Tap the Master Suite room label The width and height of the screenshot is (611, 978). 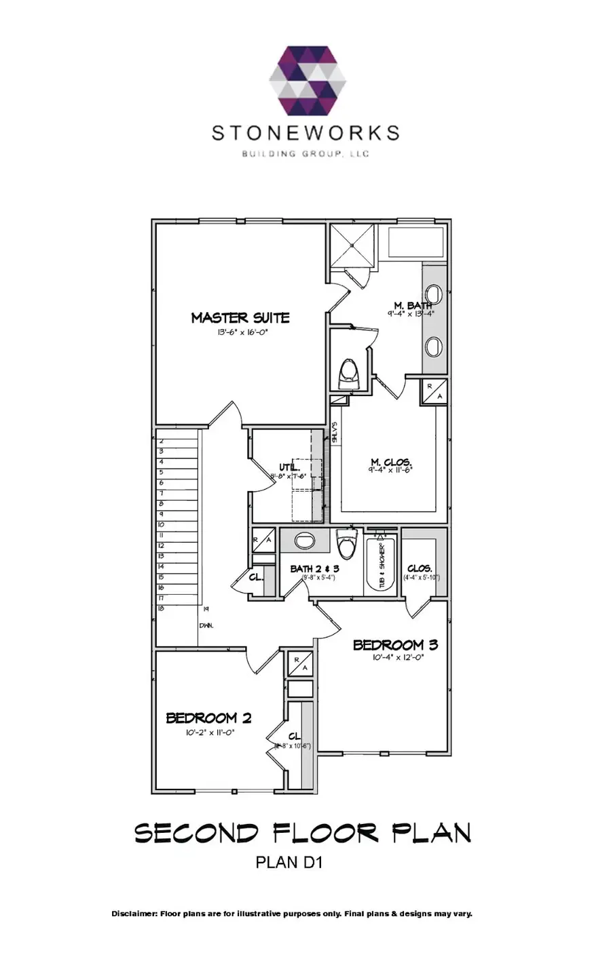(240, 317)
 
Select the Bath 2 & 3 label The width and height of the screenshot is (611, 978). (314, 568)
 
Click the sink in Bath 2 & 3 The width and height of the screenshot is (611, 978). (305, 541)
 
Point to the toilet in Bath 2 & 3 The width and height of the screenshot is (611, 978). (346, 545)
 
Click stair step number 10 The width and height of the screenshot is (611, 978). (161, 524)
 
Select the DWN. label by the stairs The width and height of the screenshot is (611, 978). (206, 625)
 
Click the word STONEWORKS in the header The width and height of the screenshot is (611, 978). (305, 132)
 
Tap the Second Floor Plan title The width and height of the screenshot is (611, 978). (302, 832)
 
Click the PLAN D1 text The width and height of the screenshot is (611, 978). (288, 863)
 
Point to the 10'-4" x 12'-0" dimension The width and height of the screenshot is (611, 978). (397, 657)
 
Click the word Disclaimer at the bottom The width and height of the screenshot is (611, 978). (134, 914)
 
